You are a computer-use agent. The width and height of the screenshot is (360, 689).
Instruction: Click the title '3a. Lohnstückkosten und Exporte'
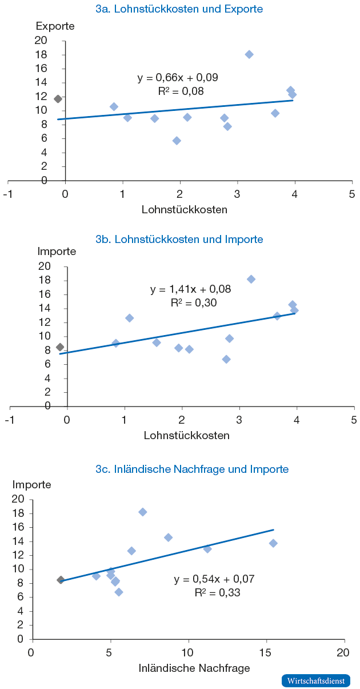point(179,9)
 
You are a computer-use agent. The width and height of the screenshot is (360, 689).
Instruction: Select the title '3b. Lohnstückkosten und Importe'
point(179,239)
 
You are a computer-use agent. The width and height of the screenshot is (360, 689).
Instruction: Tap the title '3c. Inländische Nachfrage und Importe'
point(192,469)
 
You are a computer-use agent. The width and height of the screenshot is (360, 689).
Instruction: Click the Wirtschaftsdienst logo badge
point(315,680)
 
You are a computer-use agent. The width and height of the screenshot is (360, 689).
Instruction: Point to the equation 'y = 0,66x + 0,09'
point(178,77)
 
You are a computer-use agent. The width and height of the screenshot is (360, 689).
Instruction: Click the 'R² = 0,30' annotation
point(194,303)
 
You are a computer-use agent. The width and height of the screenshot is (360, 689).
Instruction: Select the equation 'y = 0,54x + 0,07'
point(214,579)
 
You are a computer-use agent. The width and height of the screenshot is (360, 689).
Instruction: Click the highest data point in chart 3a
point(249,54)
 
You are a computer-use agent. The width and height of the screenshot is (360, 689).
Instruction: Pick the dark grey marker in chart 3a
point(58,99)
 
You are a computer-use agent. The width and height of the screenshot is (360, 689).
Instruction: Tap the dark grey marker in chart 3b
point(60,347)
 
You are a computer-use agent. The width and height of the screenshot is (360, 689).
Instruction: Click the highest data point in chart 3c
point(143,512)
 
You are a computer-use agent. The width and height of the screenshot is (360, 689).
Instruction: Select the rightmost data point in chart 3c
point(273,543)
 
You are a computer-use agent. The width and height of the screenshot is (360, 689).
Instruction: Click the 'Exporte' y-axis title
point(55,26)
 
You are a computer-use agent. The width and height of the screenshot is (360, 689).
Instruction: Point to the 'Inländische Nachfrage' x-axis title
point(194,667)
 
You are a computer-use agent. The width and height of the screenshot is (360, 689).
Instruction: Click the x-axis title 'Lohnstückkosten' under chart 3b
point(187,435)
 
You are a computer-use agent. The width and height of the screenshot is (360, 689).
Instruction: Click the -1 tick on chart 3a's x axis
point(8,193)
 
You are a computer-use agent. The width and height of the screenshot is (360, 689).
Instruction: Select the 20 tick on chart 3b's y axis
point(44,266)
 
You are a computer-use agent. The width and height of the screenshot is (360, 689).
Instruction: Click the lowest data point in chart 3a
point(177,141)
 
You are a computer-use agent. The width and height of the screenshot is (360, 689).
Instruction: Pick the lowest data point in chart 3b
point(226,359)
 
